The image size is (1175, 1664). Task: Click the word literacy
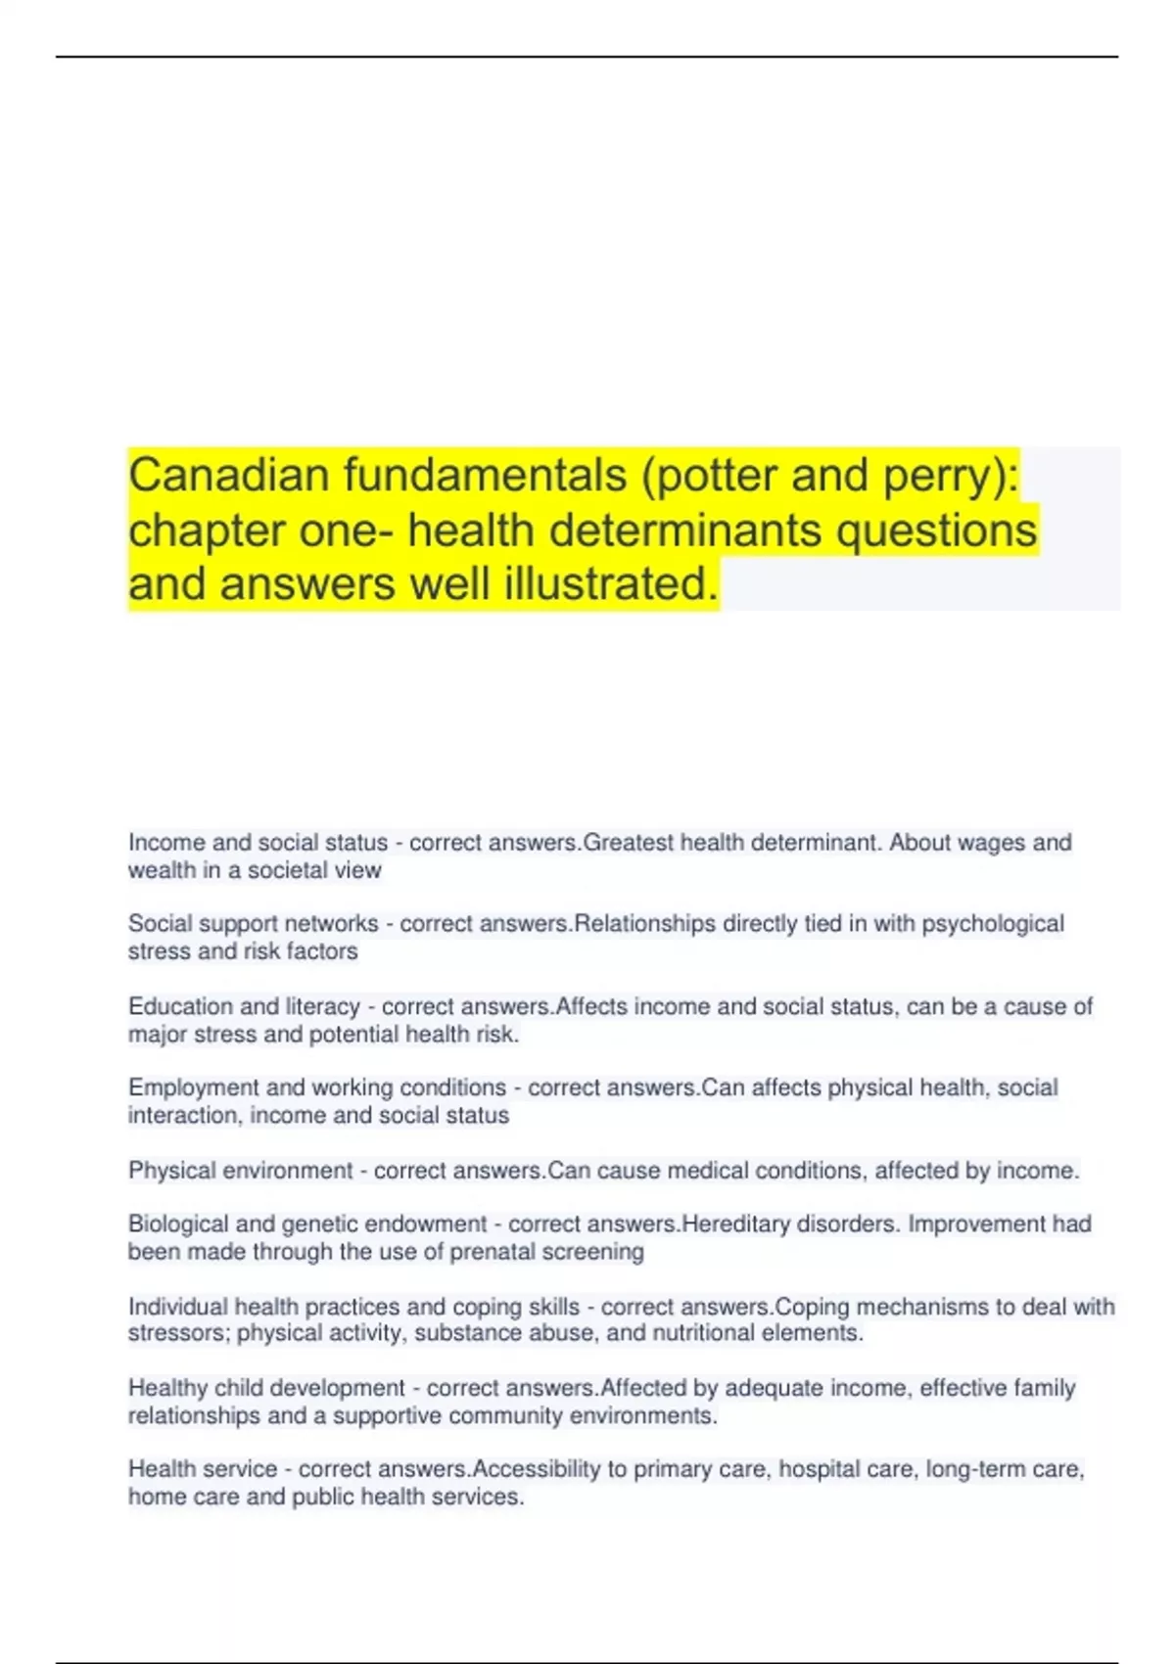tap(322, 1006)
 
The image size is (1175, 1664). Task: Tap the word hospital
tap(818, 1469)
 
